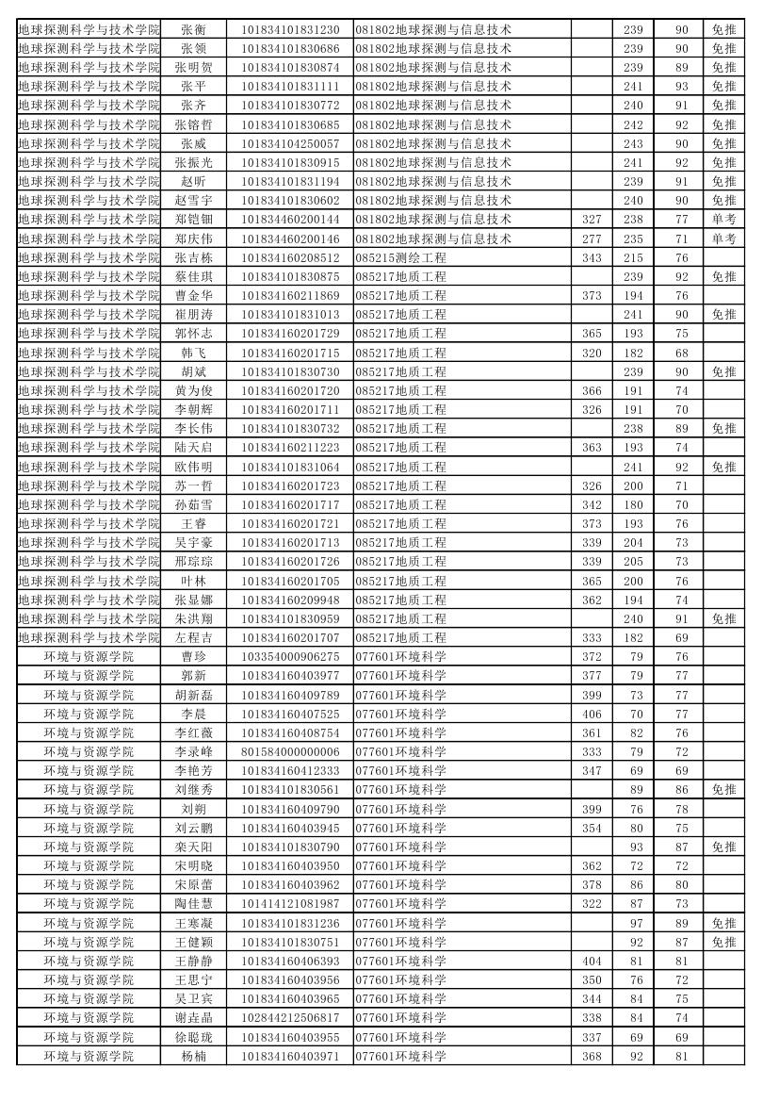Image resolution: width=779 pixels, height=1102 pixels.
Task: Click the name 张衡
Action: pos(193,29)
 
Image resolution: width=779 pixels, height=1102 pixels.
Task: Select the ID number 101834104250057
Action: pos(290,143)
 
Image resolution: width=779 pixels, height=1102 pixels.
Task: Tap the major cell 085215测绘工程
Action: pos(400,257)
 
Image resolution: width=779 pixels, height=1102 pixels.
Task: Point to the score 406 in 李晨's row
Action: pos(592,714)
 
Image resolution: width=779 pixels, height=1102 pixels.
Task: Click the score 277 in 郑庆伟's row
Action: pos(592,238)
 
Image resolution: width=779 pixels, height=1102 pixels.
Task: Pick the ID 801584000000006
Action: pos(290,751)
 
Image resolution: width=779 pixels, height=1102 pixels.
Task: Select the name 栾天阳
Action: pos(193,847)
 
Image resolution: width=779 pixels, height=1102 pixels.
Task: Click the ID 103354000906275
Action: pos(290,656)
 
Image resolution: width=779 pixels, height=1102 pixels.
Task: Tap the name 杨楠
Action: pos(193,1056)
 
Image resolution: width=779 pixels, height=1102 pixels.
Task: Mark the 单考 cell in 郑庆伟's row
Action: pos(723,238)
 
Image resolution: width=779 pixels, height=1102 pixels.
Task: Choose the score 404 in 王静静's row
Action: pos(592,961)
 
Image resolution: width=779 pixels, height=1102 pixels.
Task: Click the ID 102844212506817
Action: pos(290,1017)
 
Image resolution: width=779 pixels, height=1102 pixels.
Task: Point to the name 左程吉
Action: pos(193,637)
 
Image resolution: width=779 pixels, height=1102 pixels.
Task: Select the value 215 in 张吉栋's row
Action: pos(633,257)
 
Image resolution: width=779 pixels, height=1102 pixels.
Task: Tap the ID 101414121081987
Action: pos(290,903)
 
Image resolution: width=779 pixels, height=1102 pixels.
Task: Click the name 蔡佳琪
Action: pos(193,276)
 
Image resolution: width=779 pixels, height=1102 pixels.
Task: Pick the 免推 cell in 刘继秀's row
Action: pos(723,789)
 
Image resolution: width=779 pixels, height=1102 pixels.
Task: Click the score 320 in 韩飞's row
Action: pos(592,353)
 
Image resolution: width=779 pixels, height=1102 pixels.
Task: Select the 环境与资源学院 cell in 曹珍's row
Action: pos(89,656)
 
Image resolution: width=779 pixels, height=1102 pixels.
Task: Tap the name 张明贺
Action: pos(193,67)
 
